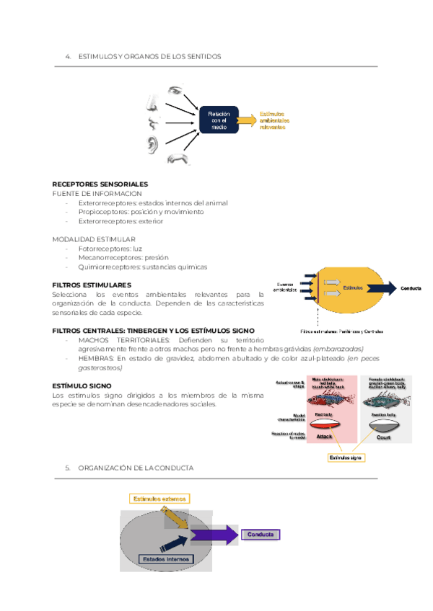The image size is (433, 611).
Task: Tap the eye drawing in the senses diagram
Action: coord(175,93)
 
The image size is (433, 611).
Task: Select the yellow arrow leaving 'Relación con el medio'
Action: coord(246,120)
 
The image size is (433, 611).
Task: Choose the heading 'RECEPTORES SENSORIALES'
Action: coord(100,184)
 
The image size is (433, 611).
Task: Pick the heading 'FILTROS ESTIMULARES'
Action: coord(92,285)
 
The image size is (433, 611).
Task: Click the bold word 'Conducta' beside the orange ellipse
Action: coord(411,288)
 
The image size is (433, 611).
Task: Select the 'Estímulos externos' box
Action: coord(160,498)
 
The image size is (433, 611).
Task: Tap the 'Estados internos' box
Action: coord(166,558)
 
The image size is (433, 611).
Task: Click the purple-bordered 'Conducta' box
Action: coord(260,535)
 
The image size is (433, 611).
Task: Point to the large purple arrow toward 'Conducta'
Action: coord(215,535)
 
